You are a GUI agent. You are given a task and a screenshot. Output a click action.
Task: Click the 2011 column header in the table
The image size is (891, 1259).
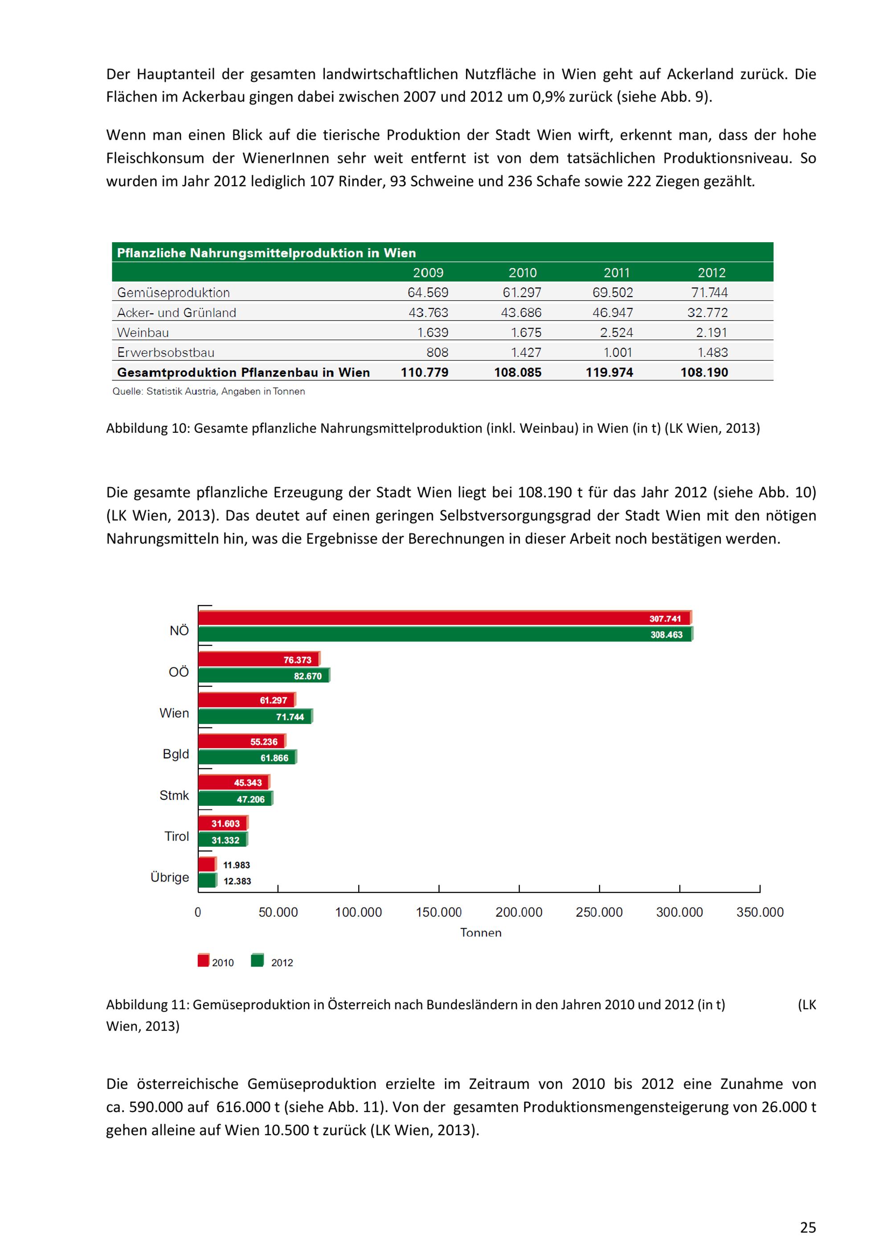tap(616, 272)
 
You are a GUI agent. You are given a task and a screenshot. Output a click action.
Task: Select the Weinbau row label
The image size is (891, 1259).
tap(143, 332)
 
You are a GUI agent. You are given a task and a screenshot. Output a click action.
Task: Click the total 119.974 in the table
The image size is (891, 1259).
tap(609, 372)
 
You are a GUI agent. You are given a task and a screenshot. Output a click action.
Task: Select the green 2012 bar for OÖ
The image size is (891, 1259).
tap(263, 675)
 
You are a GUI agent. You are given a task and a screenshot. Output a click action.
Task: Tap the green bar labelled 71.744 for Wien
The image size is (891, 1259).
tap(255, 717)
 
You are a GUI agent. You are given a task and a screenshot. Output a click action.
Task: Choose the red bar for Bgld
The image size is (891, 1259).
tap(241, 741)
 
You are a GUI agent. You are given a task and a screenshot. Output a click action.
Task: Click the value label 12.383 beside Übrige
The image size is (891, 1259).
tap(237, 881)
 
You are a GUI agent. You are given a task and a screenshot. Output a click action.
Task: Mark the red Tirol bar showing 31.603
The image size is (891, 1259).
tap(223, 823)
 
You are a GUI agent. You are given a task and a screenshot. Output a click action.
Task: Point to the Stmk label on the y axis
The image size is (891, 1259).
tap(174, 795)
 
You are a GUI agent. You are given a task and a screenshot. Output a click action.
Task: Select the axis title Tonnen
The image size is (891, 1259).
tap(481, 933)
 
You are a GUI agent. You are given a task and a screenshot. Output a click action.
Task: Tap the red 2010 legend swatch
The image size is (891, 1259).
tap(204, 960)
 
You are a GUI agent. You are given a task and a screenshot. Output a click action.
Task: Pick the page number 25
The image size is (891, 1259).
tap(808, 1227)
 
